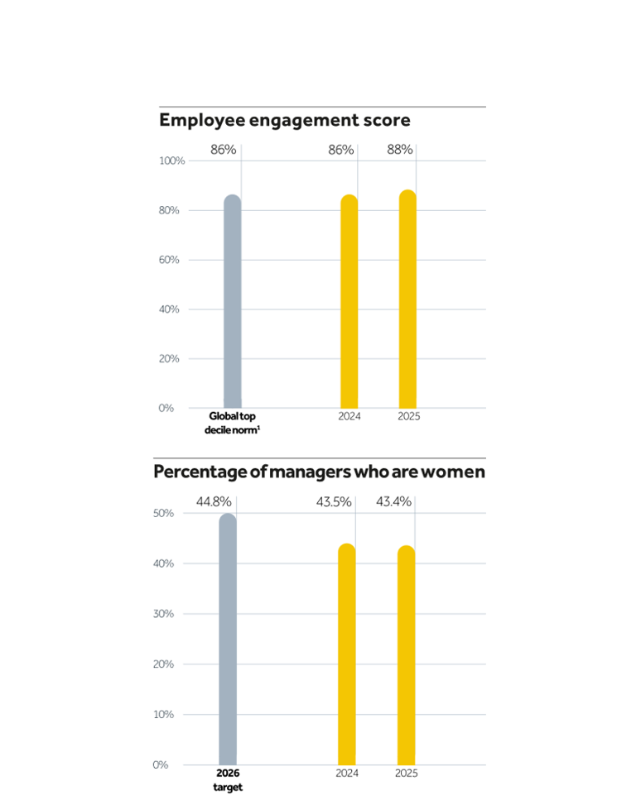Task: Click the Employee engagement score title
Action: click(x=284, y=121)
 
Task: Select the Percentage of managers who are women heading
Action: click(x=319, y=472)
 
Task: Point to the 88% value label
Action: click(x=400, y=150)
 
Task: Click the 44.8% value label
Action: click(x=214, y=502)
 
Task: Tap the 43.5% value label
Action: click(x=334, y=502)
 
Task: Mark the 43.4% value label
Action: click(x=394, y=502)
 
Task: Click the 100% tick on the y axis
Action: click(x=171, y=161)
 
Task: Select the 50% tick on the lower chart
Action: click(x=163, y=513)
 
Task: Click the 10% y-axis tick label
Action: click(x=163, y=714)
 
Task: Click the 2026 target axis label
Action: click(x=228, y=780)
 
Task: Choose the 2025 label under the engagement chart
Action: click(x=408, y=416)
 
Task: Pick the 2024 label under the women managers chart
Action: click(x=347, y=774)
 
